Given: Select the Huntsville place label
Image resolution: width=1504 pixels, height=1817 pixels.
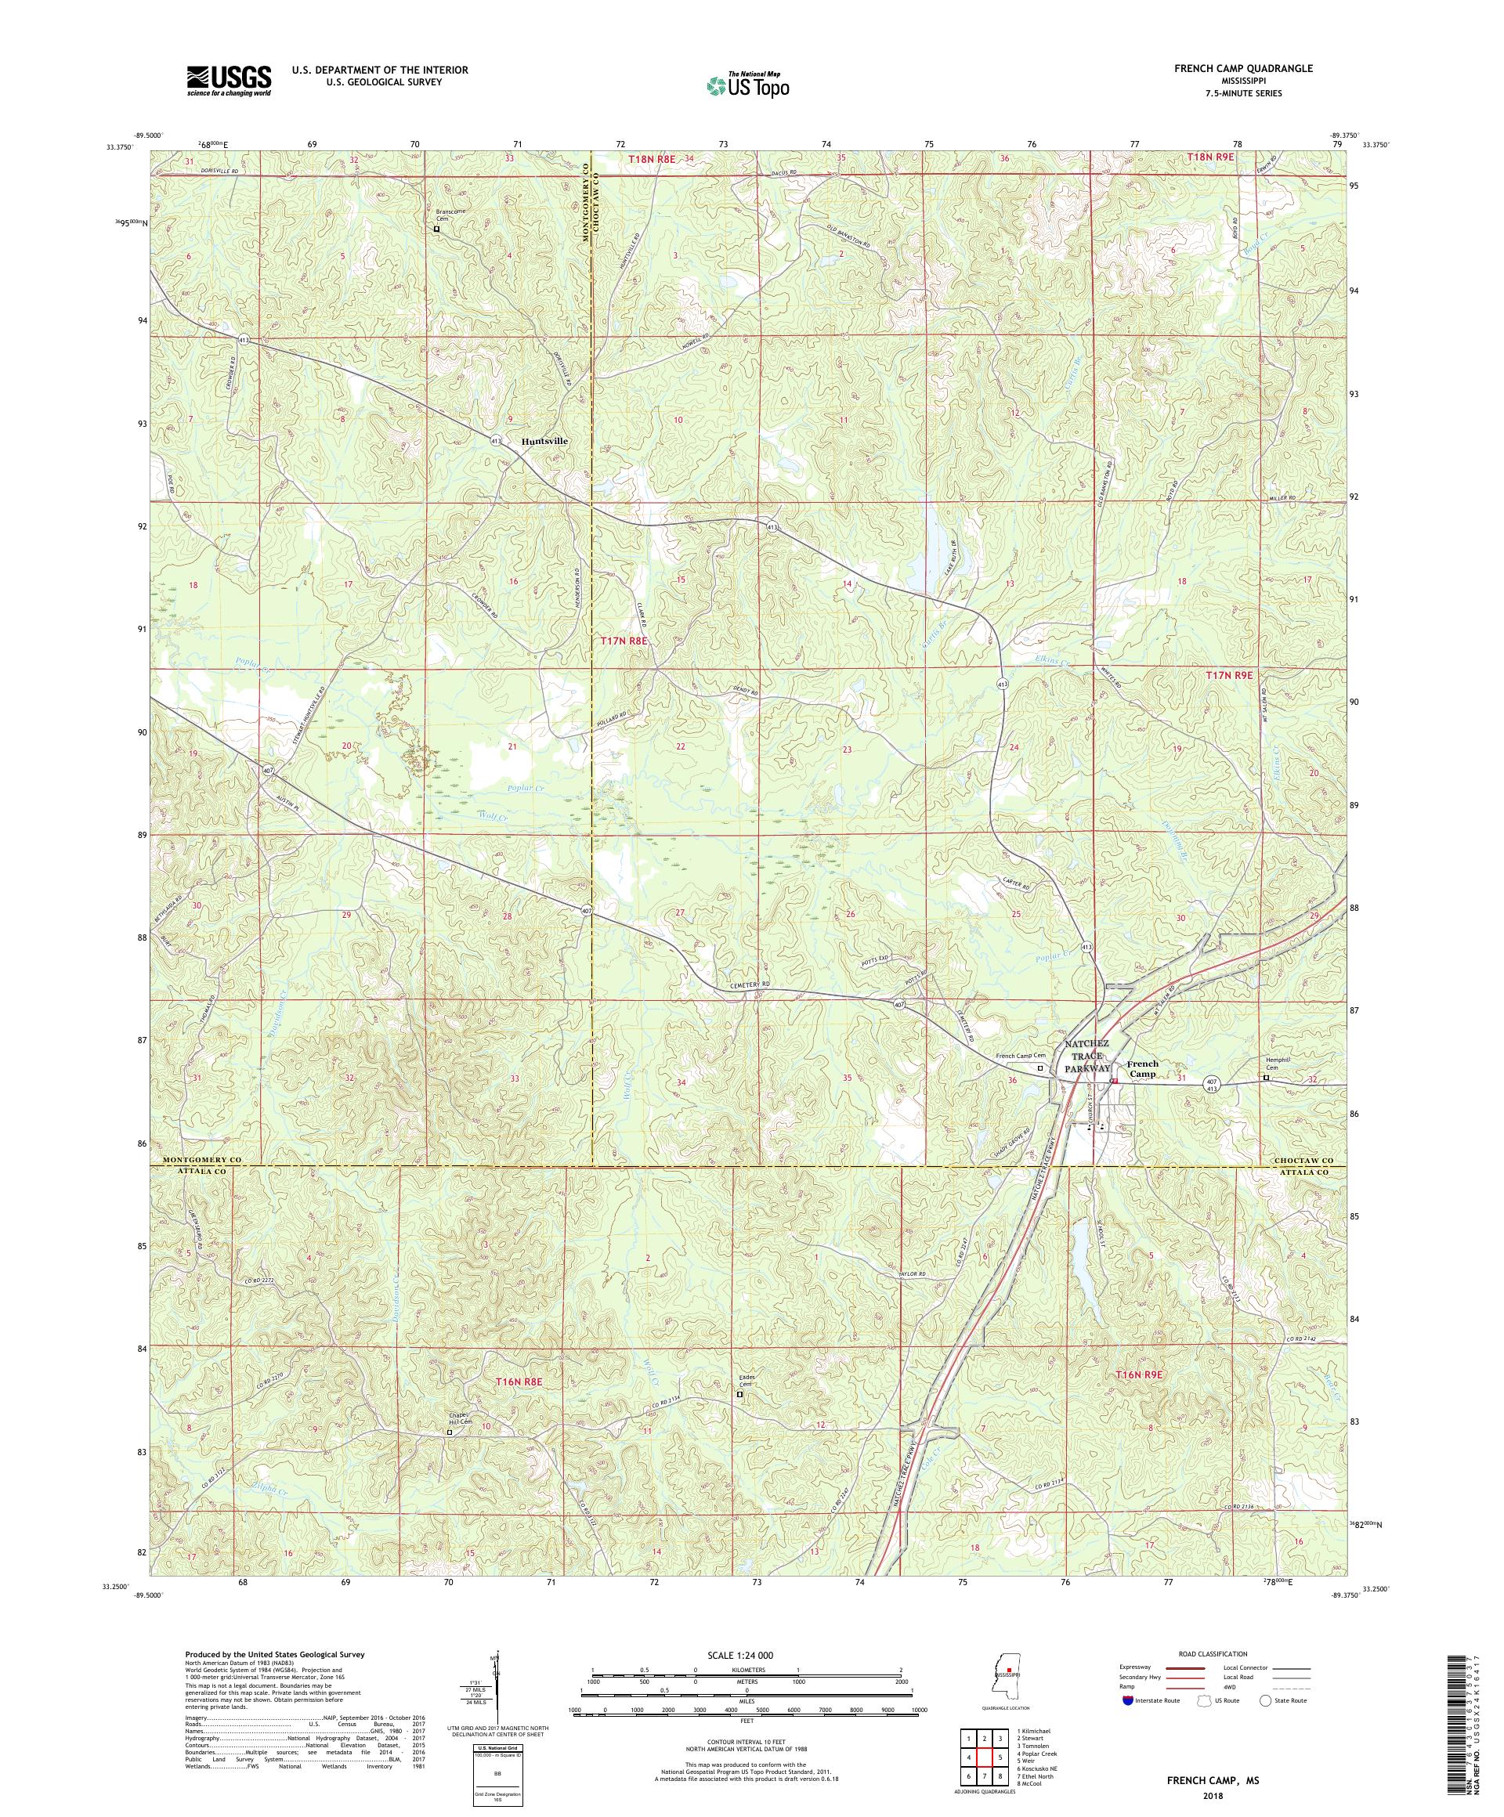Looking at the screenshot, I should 544,440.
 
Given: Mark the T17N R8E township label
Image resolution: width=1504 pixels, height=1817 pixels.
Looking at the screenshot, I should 624,641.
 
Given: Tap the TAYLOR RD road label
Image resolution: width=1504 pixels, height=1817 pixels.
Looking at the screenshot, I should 911,1274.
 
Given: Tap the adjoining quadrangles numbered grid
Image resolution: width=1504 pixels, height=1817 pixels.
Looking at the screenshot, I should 983,1750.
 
